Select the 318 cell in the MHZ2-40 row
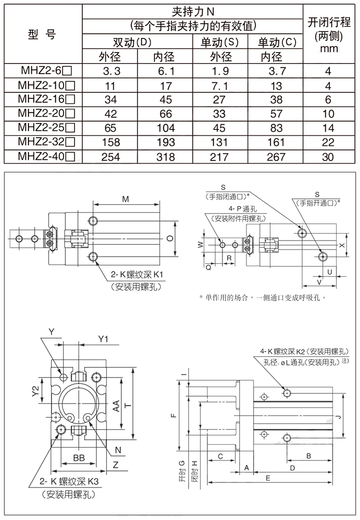click(x=166, y=157)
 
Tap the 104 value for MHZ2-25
click(x=166, y=129)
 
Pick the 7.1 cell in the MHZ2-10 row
click(x=221, y=86)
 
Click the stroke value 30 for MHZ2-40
click(x=328, y=157)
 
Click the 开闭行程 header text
click(x=328, y=23)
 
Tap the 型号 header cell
click(x=42, y=35)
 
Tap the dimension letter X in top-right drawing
click(x=342, y=245)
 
